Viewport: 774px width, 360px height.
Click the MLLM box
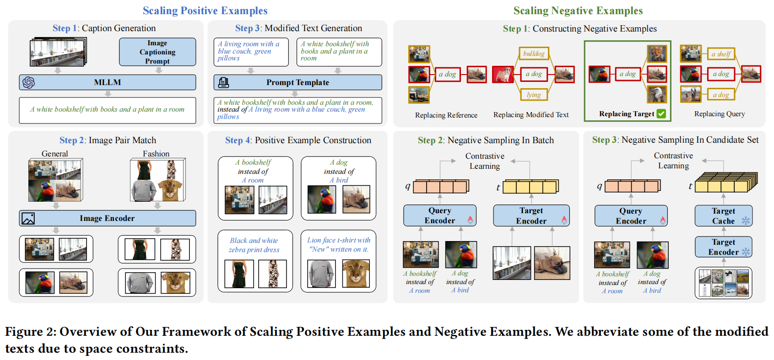108,82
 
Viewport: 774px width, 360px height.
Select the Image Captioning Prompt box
157,52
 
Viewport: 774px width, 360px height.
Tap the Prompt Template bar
298,82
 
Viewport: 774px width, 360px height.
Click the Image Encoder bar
108,218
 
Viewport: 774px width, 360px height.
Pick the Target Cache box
723,216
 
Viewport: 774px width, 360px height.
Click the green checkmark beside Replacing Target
661,114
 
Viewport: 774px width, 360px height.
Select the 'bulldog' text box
534,54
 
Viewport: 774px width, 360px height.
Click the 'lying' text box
534,95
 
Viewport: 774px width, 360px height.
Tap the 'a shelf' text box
721,54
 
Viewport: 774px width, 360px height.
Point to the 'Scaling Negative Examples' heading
578,11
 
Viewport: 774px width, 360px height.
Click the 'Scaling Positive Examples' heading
205,11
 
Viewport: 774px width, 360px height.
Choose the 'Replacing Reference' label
446,115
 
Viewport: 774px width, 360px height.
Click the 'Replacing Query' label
719,114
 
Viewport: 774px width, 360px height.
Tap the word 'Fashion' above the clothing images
156,154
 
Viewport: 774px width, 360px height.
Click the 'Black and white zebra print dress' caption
254,245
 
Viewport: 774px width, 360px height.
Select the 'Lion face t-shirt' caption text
339,245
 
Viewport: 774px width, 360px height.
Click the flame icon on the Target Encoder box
564,220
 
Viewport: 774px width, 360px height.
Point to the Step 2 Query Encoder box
440,215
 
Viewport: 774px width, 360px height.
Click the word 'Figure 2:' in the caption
30,332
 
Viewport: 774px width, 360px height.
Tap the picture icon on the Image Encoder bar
28,219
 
